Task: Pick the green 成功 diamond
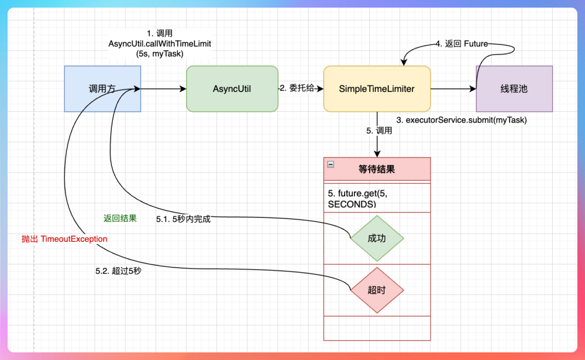click(377, 238)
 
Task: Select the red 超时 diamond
click(377, 290)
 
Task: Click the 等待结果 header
click(377, 169)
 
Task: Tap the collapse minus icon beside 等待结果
click(331, 165)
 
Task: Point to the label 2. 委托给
click(301, 88)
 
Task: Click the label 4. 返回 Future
click(462, 44)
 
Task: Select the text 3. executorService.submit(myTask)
click(462, 120)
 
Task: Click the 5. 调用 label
click(379, 131)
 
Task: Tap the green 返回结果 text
click(120, 218)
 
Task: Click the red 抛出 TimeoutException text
click(64, 239)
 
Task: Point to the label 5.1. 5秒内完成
click(183, 220)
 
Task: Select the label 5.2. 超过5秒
click(118, 272)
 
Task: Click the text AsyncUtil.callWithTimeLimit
click(160, 44)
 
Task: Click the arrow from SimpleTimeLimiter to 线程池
click(453, 89)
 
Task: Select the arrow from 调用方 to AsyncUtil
click(164, 89)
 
